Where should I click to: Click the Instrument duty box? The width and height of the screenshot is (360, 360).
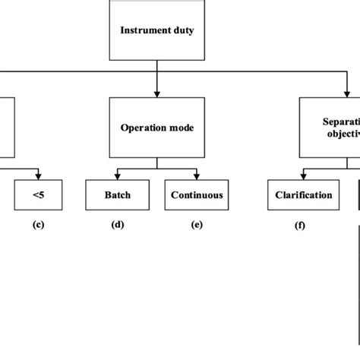(x=156, y=30)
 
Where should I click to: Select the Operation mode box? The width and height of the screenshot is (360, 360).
(x=156, y=128)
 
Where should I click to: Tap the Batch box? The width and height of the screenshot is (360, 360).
(x=117, y=195)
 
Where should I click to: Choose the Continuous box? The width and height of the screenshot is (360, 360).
(x=197, y=195)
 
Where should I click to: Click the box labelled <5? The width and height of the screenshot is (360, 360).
(x=37, y=195)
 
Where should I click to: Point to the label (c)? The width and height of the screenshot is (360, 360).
(x=37, y=226)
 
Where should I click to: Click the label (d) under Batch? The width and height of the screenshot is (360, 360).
(x=117, y=226)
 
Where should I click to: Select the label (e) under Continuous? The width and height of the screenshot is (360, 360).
(x=197, y=226)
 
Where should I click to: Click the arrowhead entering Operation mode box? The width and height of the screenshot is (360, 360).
(x=156, y=94)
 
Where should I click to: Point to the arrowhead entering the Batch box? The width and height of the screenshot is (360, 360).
(x=117, y=176)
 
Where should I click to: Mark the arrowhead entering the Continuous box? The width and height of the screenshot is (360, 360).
(x=197, y=176)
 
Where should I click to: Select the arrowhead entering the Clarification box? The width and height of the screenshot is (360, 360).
(x=303, y=176)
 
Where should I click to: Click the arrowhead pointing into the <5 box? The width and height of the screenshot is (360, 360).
(x=37, y=176)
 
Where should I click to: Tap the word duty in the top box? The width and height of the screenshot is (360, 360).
(x=183, y=30)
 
